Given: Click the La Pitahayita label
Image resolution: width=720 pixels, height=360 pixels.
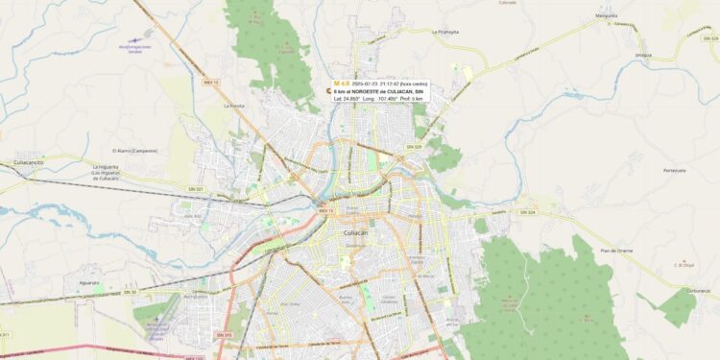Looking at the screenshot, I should coord(446,31).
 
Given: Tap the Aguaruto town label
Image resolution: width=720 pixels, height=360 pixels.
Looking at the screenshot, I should coord(88,283).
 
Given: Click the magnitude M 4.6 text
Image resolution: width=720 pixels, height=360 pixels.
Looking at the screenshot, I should coord(342,84).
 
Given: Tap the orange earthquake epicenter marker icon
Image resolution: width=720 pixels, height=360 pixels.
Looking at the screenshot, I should coord(328,91).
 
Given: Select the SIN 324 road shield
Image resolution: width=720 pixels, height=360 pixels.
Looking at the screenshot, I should coord(526,211).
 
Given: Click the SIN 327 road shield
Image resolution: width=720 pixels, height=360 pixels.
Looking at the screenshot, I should coord(197,189).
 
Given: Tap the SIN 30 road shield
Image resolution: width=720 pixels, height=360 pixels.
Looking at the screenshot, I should coord(131,291).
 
